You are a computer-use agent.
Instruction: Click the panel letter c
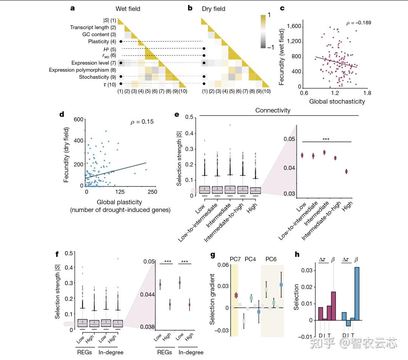pyautogui.click(x=281, y=8)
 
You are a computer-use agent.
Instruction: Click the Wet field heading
pyautogui.click(x=128, y=8)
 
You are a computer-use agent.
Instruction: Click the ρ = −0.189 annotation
pyautogui.click(x=359, y=23)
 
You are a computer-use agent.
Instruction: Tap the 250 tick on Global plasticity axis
pyautogui.click(x=152, y=192)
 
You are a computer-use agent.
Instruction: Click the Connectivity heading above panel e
pyautogui.click(x=273, y=110)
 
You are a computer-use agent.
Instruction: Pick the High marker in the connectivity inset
pyautogui.click(x=346, y=171)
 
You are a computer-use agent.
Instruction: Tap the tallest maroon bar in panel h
pyautogui.click(x=333, y=306)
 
